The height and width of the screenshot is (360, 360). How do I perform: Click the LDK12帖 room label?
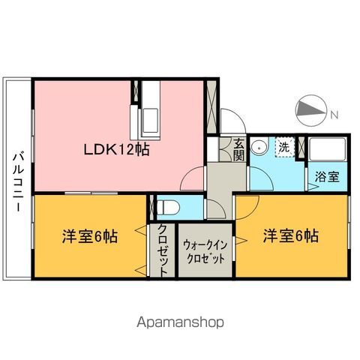coord(116,149)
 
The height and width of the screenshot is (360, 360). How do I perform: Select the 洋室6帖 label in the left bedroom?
coord(89,235)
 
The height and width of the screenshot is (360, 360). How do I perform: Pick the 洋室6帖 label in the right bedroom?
coord(291,235)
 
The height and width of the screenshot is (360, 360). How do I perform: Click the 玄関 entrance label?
coord(238,149)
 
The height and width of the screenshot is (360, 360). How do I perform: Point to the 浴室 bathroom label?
coord(327,177)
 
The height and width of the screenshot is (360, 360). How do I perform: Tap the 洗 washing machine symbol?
coord(284,147)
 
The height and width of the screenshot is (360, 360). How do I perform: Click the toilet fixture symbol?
coord(166,205)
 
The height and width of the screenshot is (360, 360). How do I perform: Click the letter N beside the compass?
coord(334,115)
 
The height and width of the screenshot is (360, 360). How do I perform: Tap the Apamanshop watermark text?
coord(180,322)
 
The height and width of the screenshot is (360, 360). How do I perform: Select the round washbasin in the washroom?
coord(259,146)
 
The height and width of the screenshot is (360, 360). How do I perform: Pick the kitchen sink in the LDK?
coord(147,118)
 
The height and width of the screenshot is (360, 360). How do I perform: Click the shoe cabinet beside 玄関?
coord(223,148)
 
